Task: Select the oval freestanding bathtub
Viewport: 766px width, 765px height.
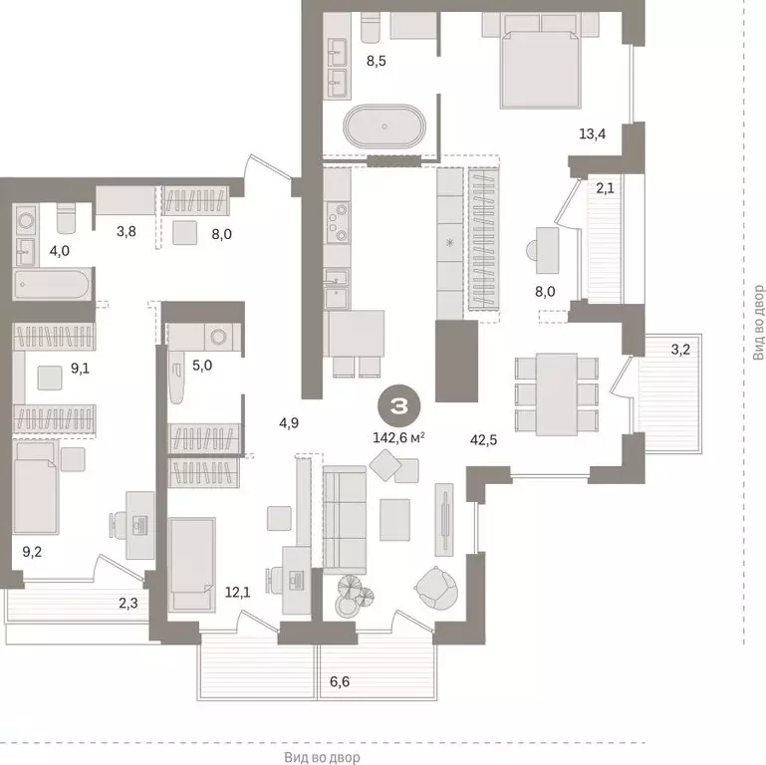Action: point(384,129)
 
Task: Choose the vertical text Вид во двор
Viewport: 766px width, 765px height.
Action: point(758,323)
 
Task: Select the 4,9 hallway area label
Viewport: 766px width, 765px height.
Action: point(290,422)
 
